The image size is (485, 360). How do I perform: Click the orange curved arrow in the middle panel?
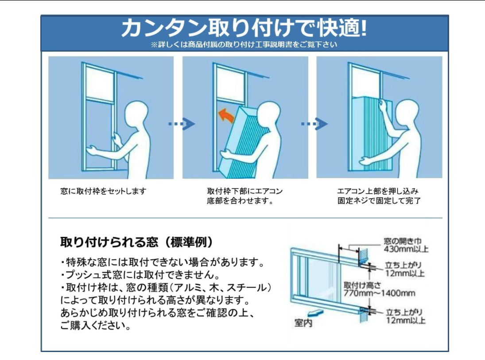point(226,116)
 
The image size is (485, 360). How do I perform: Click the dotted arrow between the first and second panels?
point(182,124)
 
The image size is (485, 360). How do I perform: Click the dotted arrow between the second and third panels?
point(314,124)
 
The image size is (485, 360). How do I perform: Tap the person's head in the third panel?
point(407,112)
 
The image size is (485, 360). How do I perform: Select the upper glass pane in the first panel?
point(100,83)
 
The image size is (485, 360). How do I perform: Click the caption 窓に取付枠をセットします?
point(103,191)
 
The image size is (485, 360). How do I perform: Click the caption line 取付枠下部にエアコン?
point(244,191)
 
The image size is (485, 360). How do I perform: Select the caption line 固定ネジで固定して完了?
point(379,201)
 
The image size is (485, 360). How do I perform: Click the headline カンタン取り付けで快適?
point(244,28)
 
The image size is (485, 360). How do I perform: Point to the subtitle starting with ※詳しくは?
point(244,45)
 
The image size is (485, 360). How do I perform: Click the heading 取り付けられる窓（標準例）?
point(137,242)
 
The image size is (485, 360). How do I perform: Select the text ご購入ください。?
point(95,325)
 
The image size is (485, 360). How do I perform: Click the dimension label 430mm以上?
point(406,249)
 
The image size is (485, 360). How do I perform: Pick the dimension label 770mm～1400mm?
point(379,293)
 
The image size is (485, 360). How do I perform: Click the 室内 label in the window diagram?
point(303,323)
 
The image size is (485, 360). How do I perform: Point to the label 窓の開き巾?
point(403,241)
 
